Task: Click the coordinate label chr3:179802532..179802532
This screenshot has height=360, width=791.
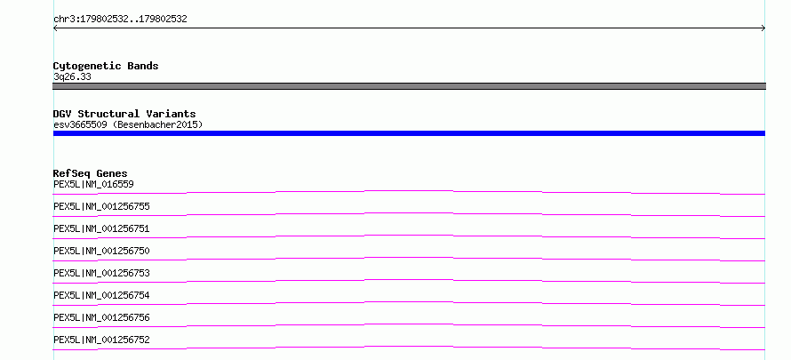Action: (x=120, y=20)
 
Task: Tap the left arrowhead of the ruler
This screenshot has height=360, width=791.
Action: (x=54, y=28)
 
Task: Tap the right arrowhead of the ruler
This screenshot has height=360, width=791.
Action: (x=764, y=28)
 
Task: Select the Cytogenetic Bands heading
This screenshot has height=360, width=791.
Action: (x=106, y=66)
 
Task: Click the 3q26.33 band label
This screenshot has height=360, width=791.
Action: (x=72, y=77)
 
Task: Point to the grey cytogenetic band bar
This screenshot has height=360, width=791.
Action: (x=409, y=86)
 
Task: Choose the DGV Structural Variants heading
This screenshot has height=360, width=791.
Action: (x=124, y=114)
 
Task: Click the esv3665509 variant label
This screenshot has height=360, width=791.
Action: (x=80, y=124)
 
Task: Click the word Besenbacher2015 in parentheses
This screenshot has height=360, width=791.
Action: (x=157, y=124)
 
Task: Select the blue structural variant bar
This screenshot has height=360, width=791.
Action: (x=409, y=133)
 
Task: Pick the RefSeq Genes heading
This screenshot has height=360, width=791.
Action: (x=91, y=173)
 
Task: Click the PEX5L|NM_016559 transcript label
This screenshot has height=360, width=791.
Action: (x=93, y=185)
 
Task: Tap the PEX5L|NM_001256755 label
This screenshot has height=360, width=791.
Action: (x=101, y=207)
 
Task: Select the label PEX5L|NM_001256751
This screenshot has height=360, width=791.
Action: (x=101, y=229)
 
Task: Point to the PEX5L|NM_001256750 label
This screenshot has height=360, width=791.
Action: (x=101, y=251)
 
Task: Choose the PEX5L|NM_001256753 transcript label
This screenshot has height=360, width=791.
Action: (x=101, y=273)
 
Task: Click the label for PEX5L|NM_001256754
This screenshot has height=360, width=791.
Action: (x=101, y=295)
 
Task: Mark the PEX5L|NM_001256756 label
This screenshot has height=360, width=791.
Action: (x=101, y=317)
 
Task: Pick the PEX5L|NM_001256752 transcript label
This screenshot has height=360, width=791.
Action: (x=101, y=340)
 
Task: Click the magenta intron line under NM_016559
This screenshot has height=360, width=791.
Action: (x=409, y=191)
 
